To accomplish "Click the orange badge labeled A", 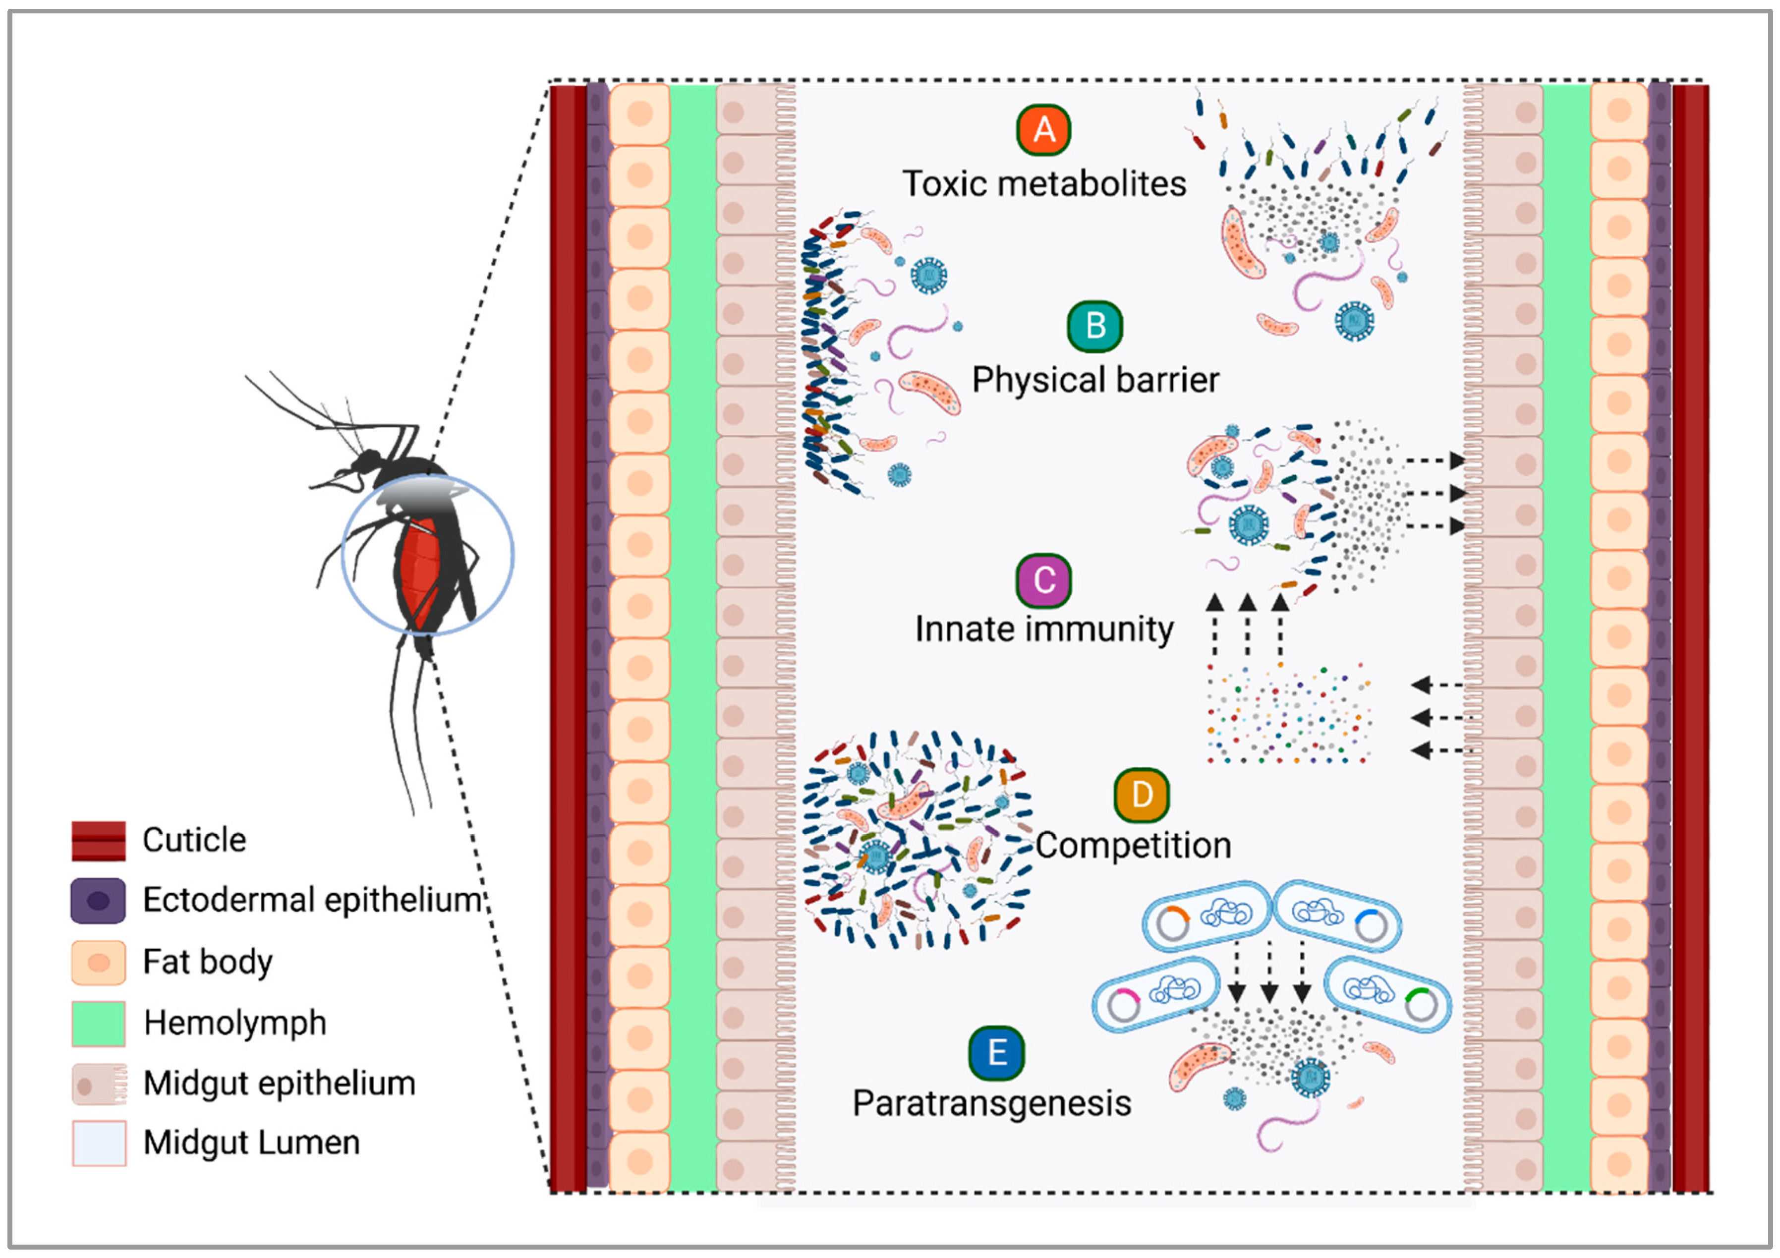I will [x=1043, y=130].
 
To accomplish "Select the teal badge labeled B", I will [x=1094, y=326].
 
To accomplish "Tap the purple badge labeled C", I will [x=1043, y=580].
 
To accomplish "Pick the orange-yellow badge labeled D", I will [x=1141, y=795].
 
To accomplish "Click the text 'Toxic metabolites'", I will [x=1043, y=184].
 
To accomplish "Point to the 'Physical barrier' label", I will [x=1094, y=380].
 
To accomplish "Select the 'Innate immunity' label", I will [x=1043, y=629].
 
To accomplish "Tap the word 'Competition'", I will [x=1133, y=845].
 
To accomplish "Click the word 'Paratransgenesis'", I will [x=991, y=1103].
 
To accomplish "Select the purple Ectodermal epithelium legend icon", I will [x=99, y=901].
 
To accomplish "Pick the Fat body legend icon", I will [x=99, y=962].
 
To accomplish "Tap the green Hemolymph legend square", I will [x=99, y=1023].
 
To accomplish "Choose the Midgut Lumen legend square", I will [x=99, y=1143].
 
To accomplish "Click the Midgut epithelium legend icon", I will [x=99, y=1083].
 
